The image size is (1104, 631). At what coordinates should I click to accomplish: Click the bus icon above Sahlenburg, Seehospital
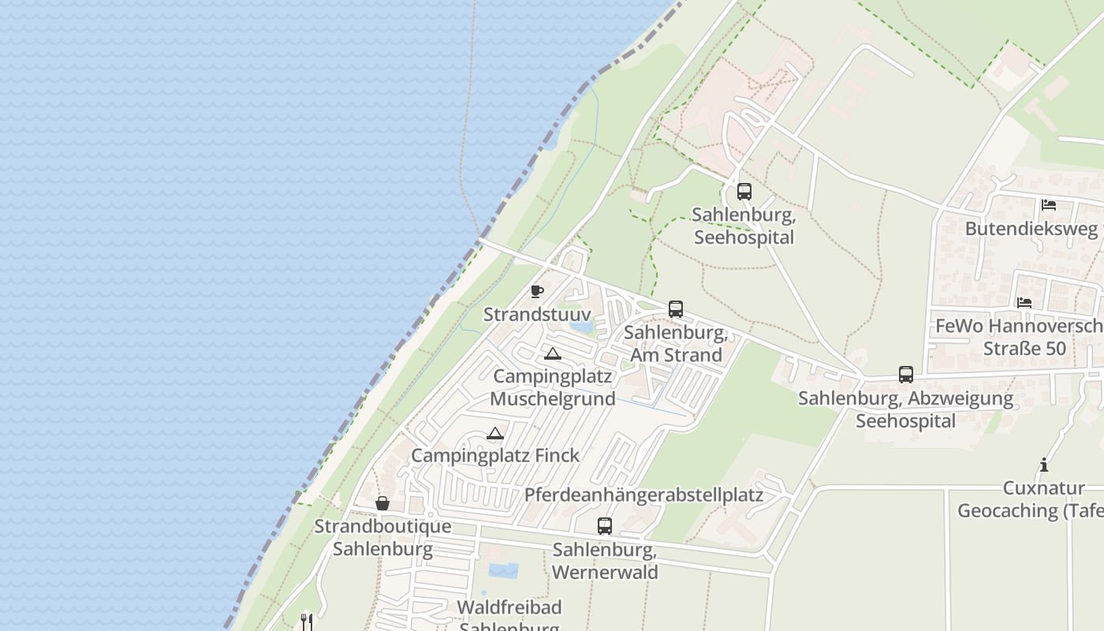(x=744, y=191)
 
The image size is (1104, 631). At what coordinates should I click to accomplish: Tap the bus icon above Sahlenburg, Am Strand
(x=676, y=309)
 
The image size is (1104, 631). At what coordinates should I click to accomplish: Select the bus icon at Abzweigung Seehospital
(x=906, y=375)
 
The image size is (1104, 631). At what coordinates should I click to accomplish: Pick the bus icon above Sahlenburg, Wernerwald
(x=605, y=525)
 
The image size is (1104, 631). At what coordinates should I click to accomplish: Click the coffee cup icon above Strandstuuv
(x=537, y=291)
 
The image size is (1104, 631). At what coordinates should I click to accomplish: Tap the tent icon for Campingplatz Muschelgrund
(x=552, y=353)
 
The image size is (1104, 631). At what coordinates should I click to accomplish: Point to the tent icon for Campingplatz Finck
(x=495, y=433)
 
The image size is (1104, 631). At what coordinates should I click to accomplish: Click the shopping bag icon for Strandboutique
(x=382, y=503)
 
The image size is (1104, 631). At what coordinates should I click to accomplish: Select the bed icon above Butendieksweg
(x=1048, y=205)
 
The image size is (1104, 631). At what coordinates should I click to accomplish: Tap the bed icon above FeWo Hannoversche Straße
(x=1024, y=302)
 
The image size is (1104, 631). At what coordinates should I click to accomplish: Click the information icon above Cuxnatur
(x=1044, y=465)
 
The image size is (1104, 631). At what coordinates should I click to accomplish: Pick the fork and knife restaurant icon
(x=307, y=622)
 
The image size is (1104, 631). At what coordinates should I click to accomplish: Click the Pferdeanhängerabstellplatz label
(x=643, y=495)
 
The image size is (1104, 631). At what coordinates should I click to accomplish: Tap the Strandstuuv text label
(x=537, y=314)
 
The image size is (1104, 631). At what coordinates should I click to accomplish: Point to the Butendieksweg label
(x=1031, y=229)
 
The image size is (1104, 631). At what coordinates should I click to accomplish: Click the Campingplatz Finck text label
(x=495, y=455)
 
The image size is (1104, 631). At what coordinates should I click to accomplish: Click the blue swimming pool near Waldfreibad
(x=503, y=570)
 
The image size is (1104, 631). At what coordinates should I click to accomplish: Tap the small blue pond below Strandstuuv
(x=580, y=325)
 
